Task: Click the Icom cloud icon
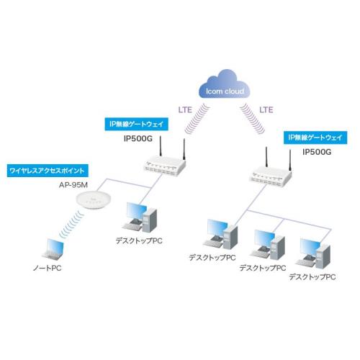225,84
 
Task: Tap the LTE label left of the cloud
185,110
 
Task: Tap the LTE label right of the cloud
266,110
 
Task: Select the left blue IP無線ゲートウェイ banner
136,124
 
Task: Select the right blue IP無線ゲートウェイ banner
315,138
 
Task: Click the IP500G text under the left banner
138,139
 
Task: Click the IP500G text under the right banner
317,152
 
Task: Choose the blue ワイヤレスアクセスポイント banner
48,171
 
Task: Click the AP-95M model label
73,185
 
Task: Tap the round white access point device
94,200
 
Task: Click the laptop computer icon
53,249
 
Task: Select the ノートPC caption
47,268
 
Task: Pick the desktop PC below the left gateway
140,217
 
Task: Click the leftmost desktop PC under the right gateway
220,234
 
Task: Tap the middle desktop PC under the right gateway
267,245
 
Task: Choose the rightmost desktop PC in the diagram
312,253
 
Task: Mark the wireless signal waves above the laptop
72,223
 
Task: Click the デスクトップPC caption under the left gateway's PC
139,240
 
